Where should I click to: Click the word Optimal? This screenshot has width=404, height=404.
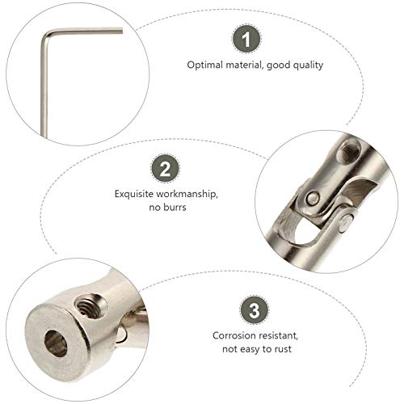pyautogui.click(x=205, y=65)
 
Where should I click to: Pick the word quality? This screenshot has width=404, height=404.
pyautogui.click(x=306, y=65)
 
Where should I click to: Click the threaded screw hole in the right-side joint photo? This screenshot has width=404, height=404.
pyautogui.click(x=350, y=148)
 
